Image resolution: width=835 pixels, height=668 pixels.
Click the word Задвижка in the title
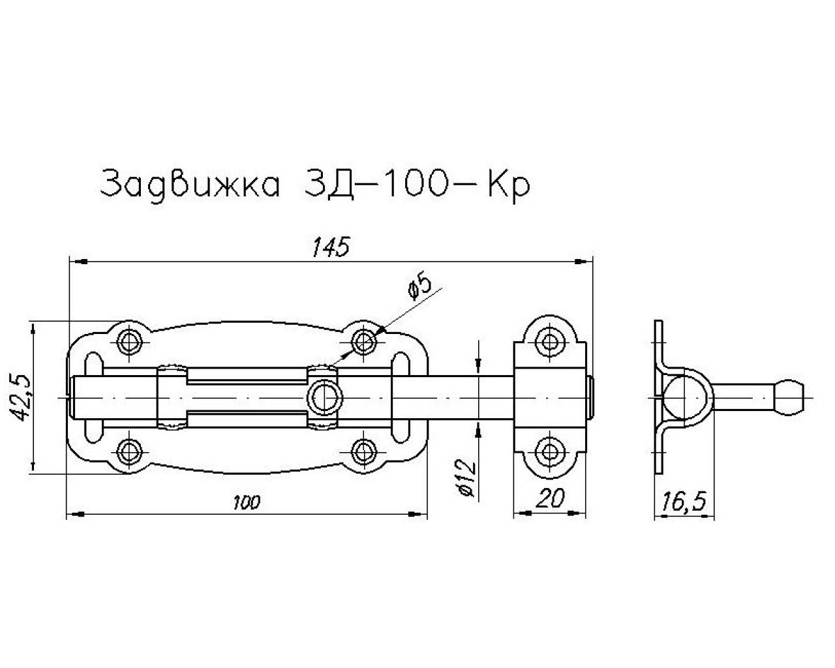pyautogui.click(x=190, y=185)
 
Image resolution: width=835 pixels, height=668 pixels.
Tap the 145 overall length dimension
pyautogui.click(x=331, y=247)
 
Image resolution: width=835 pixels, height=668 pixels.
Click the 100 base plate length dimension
pyautogui.click(x=247, y=503)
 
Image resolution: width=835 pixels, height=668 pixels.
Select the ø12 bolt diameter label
pyautogui.click(x=467, y=477)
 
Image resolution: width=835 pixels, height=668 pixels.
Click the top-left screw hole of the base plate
pyautogui.click(x=129, y=342)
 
